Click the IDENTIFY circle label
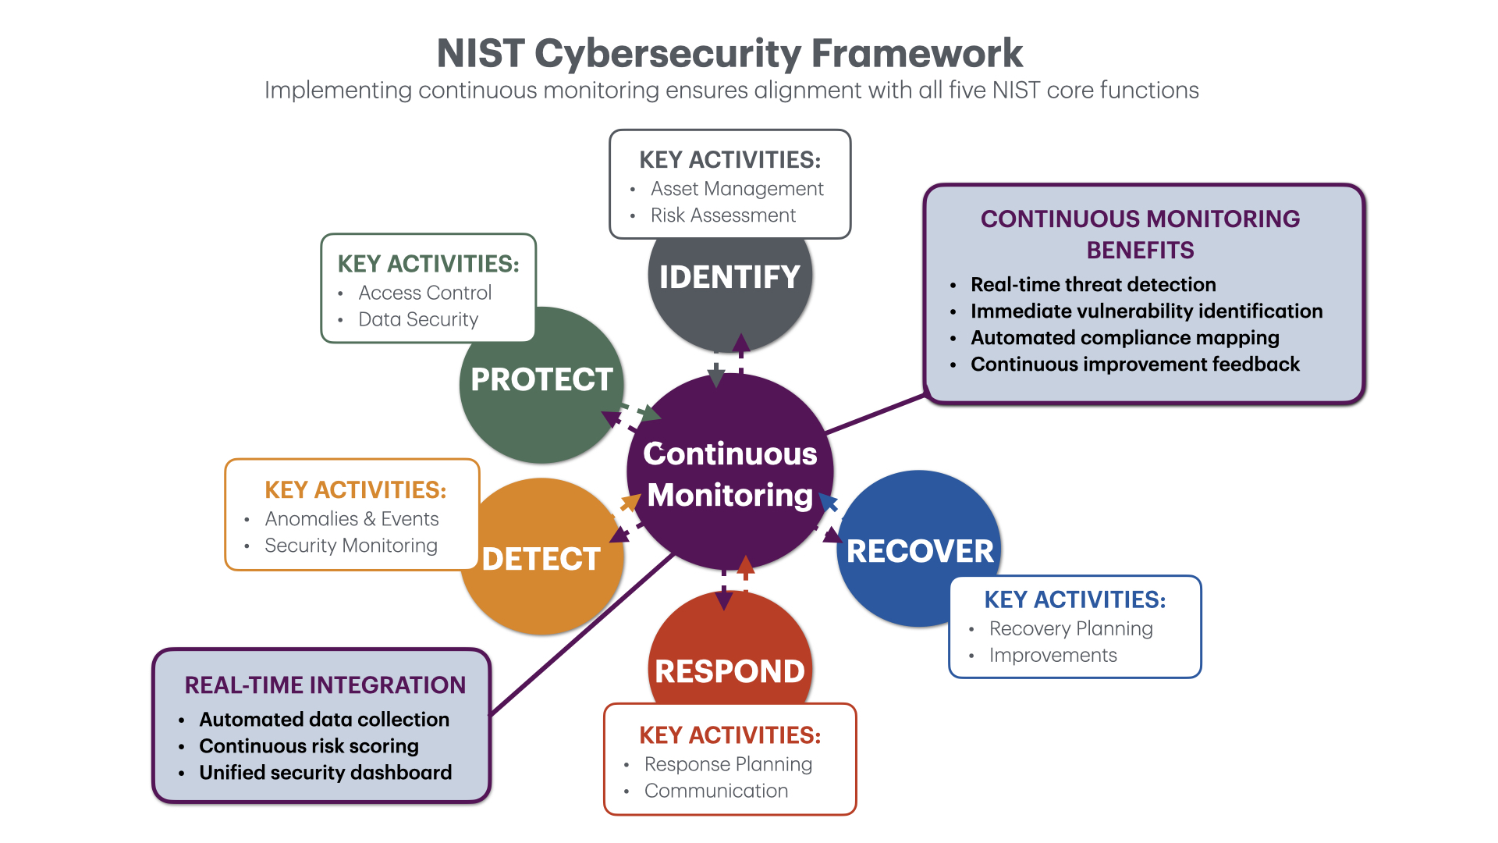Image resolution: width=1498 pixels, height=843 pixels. [729, 277]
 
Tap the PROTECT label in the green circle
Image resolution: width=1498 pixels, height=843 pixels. [541, 379]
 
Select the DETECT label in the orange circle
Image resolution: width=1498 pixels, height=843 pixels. [541, 559]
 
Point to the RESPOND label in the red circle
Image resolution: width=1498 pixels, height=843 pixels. [729, 671]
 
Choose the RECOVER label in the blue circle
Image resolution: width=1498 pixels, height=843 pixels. [920, 551]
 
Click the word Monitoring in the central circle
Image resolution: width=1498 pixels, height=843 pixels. [729, 495]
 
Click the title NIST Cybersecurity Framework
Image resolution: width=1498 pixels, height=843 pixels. [729, 53]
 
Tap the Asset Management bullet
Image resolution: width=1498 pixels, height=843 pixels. [737, 189]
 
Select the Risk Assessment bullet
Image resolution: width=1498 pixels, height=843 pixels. [722, 215]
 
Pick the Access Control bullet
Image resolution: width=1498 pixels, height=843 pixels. [424, 293]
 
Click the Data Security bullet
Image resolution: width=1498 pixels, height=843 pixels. [417, 319]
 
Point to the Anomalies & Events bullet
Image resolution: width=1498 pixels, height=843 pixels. [351, 519]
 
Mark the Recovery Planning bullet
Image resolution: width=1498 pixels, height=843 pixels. [1070, 628]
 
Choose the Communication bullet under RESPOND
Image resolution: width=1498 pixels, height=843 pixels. [715, 791]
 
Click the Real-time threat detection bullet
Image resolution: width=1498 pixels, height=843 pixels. [1092, 284]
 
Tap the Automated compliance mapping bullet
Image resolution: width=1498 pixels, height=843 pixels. [1124, 337]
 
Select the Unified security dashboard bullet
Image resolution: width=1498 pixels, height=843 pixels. [325, 772]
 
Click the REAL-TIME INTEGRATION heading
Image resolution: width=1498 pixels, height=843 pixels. [325, 685]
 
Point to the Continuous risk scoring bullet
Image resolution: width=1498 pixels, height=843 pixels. [308, 745]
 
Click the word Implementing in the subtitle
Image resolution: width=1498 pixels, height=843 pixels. [338, 91]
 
